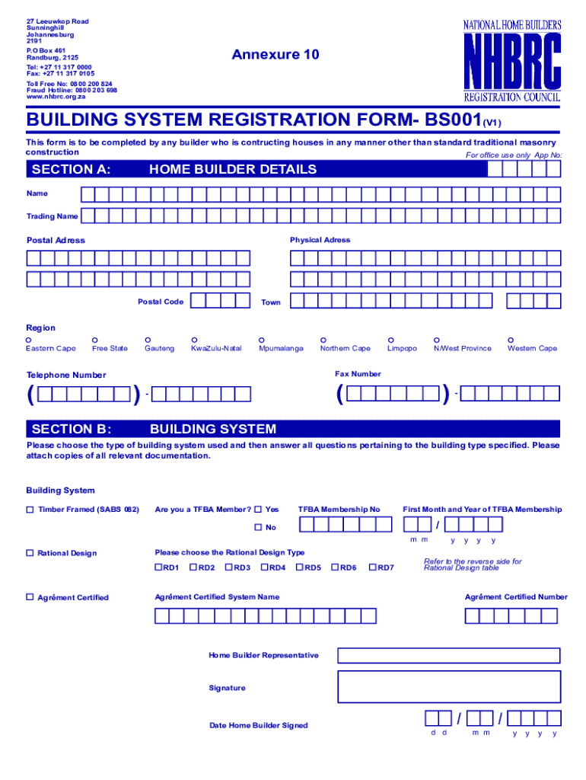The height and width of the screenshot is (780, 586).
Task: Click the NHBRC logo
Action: [512, 61]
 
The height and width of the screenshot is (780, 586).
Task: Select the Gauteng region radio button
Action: [148, 340]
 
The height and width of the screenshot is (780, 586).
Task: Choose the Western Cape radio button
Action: [511, 340]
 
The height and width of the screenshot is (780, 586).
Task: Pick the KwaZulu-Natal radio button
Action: [194, 340]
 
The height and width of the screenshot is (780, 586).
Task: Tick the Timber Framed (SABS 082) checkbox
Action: [30, 510]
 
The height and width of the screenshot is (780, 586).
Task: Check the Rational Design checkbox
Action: [30, 553]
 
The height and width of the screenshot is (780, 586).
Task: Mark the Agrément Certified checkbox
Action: [30, 598]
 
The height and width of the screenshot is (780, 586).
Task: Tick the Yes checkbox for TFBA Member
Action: [258, 510]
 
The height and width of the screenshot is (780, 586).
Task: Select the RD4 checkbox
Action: [264, 567]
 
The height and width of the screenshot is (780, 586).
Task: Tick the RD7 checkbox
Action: [372, 567]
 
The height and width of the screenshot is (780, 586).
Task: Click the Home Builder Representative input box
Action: [448, 656]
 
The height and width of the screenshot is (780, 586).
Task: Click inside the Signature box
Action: [448, 687]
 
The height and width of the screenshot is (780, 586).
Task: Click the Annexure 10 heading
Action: [275, 55]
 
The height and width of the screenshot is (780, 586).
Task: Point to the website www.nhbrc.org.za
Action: [56, 97]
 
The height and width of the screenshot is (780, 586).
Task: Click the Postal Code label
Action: [160, 302]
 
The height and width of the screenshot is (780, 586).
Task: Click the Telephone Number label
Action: [66, 375]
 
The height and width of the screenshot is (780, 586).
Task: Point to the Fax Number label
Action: [358, 374]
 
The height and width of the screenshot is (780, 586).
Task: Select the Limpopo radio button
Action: [390, 340]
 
